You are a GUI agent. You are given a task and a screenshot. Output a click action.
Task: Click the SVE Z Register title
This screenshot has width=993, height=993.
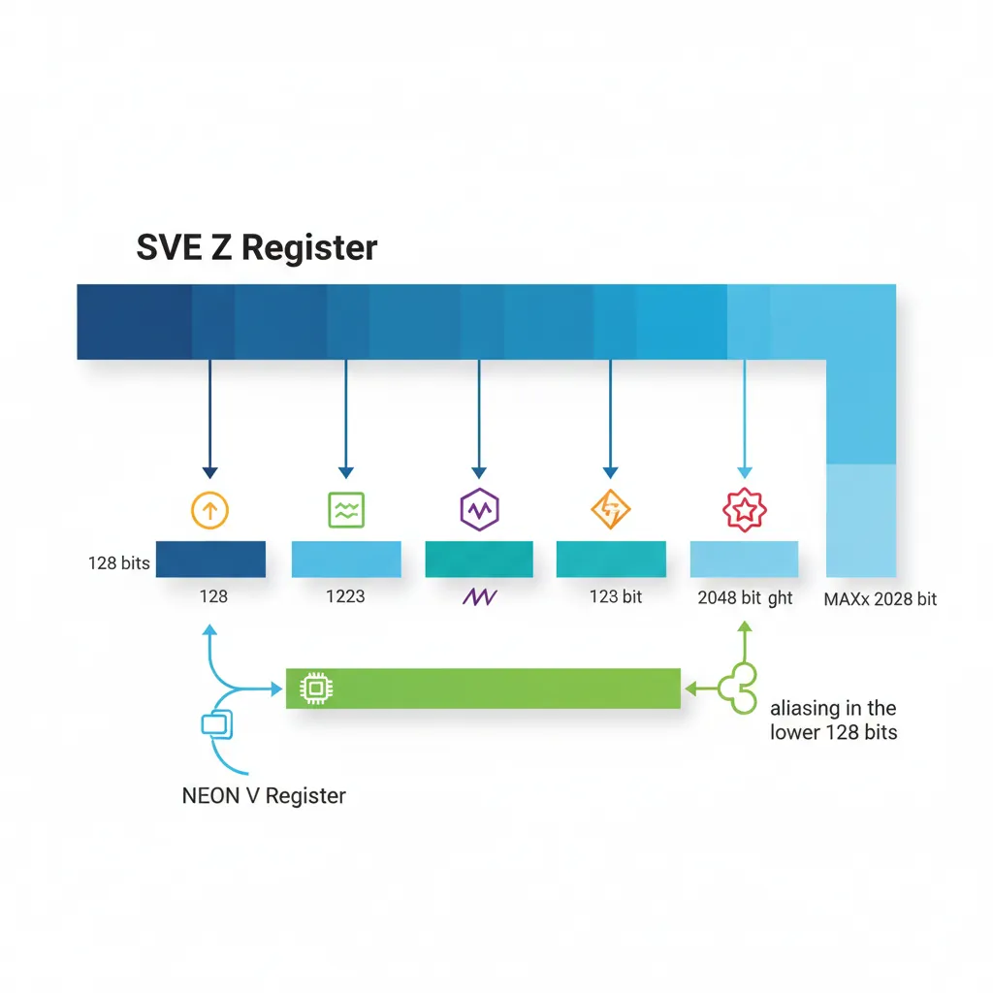256,247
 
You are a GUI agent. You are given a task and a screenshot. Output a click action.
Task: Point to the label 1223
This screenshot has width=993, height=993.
345,595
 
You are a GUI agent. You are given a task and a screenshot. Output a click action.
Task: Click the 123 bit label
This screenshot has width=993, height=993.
616,595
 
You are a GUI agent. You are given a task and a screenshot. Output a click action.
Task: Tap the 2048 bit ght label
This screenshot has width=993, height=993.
745,597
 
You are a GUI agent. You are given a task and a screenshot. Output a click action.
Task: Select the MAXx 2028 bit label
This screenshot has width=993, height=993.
880,598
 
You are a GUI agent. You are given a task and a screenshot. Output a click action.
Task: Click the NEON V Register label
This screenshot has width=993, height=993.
264,796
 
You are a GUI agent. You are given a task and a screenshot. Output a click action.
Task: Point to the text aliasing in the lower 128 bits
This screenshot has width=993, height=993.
833,720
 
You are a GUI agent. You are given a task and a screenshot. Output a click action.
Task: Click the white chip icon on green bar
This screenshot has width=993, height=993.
312,689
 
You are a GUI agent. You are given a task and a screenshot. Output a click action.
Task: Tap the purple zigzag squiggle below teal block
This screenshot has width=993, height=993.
479,597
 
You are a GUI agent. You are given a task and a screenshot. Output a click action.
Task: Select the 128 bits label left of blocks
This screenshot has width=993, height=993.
118,562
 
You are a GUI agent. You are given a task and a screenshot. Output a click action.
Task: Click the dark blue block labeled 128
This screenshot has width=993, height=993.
210,560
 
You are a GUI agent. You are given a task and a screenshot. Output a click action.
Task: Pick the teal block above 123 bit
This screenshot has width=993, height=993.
611,560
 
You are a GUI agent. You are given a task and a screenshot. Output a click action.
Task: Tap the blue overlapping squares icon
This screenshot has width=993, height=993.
212,723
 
